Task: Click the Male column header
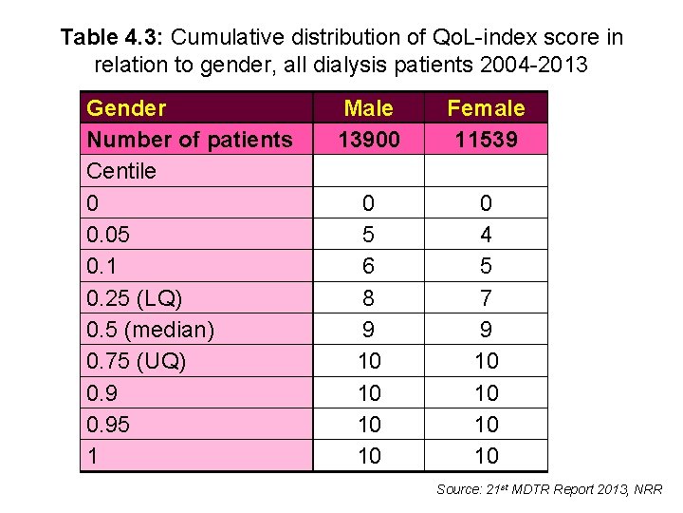point(368,108)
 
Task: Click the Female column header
point(486,108)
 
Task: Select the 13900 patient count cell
point(368,140)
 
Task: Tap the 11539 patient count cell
point(486,140)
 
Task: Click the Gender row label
point(126,108)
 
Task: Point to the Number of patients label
point(189,140)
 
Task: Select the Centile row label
point(121,171)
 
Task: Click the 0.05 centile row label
point(107,235)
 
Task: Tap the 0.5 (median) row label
point(150,330)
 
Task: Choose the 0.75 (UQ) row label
point(137,361)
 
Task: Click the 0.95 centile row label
point(107,425)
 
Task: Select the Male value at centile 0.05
point(368,235)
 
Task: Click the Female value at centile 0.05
point(486,235)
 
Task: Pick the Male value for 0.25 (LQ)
point(368,298)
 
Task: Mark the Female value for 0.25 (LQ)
point(486,298)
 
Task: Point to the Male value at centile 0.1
point(368,266)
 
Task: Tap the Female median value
point(486,330)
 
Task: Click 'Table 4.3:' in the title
point(113,38)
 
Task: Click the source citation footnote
point(549,489)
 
